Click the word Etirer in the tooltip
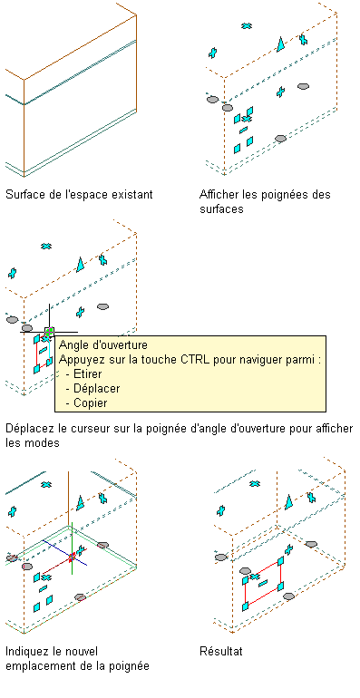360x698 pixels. [87, 373]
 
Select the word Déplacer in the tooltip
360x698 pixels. [96, 388]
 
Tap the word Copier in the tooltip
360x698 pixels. [91, 402]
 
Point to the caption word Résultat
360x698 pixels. [221, 651]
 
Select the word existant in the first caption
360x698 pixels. [132, 195]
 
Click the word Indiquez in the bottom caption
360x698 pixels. [26, 652]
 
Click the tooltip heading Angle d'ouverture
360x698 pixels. [102, 345]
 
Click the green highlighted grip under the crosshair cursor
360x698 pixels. [50, 331]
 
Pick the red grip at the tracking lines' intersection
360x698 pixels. [73, 557]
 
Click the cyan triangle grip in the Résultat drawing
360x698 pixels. [288, 501]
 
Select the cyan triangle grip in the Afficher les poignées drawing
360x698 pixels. [281, 44]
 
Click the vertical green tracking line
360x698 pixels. [72, 548]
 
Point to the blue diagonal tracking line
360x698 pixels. [64, 553]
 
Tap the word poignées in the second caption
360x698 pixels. [280, 195]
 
